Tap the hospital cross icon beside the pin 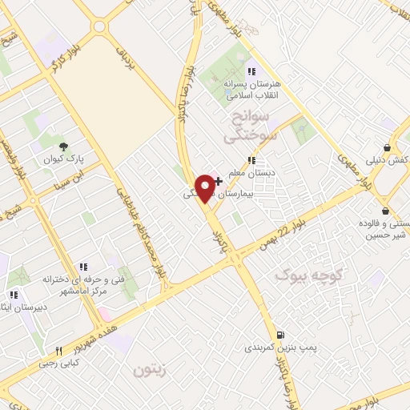pos(219,182)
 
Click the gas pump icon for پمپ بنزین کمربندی pos(279,334)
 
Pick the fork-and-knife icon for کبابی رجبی pos(58,351)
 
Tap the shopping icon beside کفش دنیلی pos(388,148)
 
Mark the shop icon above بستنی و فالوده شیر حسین pos(386,211)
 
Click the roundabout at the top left pos(99,26)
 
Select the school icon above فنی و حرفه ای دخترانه pos(82,267)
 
